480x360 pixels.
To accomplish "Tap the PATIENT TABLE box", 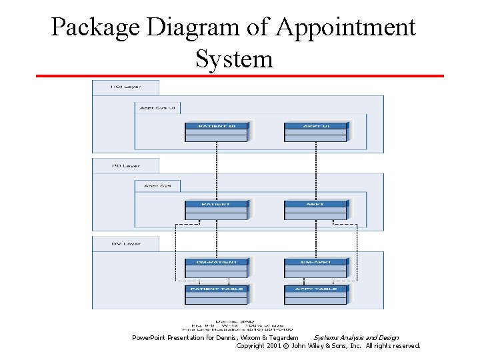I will (216, 294).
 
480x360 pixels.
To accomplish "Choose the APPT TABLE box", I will (315, 294).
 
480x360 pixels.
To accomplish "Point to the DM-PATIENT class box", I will (216, 267).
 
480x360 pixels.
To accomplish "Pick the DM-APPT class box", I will (315, 267).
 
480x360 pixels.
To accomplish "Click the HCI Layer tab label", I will (125, 87).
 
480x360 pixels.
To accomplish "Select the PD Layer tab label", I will (125, 165).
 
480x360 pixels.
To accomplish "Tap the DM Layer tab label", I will (125, 244).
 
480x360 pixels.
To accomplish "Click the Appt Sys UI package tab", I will (157, 107).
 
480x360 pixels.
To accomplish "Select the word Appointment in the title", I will (345, 28).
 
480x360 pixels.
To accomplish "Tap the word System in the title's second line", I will (234, 59).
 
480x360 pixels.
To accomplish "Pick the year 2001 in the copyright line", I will (273, 346).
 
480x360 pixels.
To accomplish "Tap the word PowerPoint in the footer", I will (149, 338).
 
